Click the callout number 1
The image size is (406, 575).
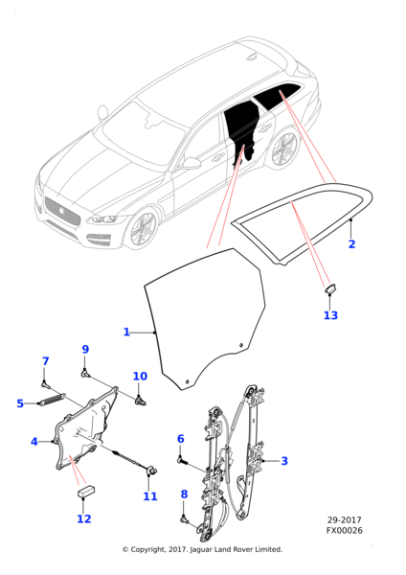click(x=126, y=333)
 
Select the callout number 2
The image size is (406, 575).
click(x=351, y=243)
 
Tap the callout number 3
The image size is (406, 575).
click(x=284, y=461)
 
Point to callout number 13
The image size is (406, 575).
click(x=330, y=315)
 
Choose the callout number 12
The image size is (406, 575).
click(x=84, y=518)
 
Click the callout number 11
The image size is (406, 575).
click(x=150, y=496)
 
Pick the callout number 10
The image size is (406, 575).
click(x=140, y=377)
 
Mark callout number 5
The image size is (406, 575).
click(x=20, y=403)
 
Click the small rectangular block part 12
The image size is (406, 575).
click(x=86, y=491)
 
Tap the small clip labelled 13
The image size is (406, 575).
click(x=330, y=288)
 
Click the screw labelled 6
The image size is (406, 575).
click(x=182, y=459)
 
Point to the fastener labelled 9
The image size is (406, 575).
click(x=85, y=374)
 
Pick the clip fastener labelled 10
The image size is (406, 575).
click(x=140, y=401)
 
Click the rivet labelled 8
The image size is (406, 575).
click(x=184, y=518)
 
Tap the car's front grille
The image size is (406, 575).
click(x=62, y=212)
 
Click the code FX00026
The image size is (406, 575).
click(x=345, y=531)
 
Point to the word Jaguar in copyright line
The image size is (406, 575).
click(x=201, y=549)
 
